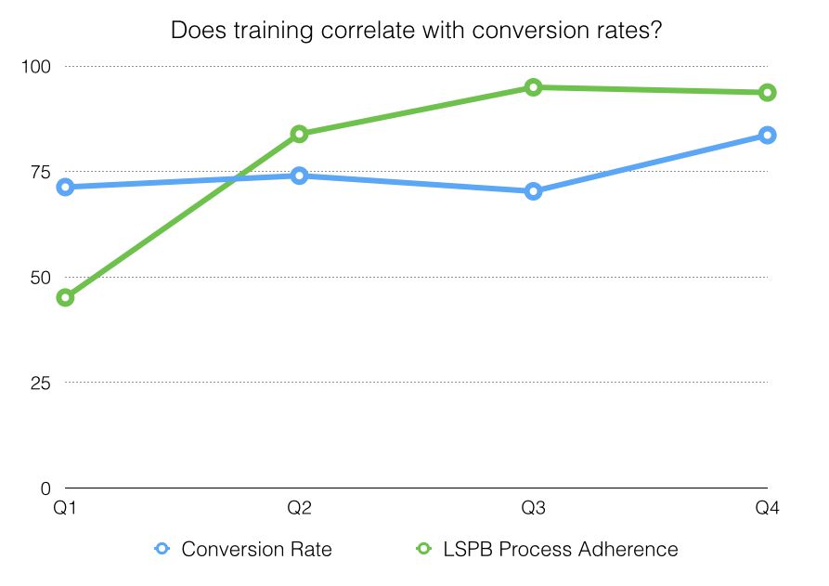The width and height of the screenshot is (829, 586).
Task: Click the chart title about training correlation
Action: point(415,30)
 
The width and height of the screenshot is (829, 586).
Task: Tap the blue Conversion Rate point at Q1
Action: point(65,187)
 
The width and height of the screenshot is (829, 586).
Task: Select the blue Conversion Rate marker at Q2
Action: point(299,176)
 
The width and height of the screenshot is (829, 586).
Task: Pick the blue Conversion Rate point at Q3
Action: point(533,191)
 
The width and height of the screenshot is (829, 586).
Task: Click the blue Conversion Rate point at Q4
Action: point(767,135)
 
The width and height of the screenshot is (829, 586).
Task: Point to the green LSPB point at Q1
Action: point(65,297)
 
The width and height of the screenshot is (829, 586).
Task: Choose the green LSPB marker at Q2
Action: point(299,134)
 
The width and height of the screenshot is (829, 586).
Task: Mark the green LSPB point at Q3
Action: point(533,87)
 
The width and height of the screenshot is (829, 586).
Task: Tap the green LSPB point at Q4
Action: point(767,92)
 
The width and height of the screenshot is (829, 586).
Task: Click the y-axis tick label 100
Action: point(38,67)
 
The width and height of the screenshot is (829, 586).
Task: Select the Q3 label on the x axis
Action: point(533,508)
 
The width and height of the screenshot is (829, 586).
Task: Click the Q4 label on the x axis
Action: point(767,508)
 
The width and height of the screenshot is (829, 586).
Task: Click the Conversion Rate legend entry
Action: point(243,549)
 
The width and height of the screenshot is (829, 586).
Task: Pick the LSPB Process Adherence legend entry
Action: point(547,549)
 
